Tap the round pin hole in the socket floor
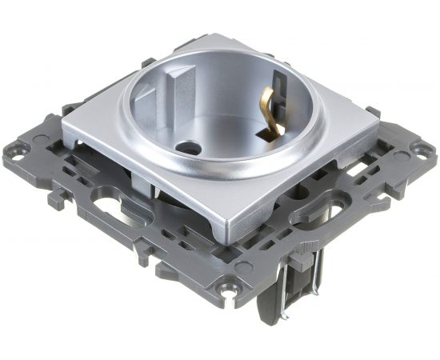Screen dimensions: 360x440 pos(189,147)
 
